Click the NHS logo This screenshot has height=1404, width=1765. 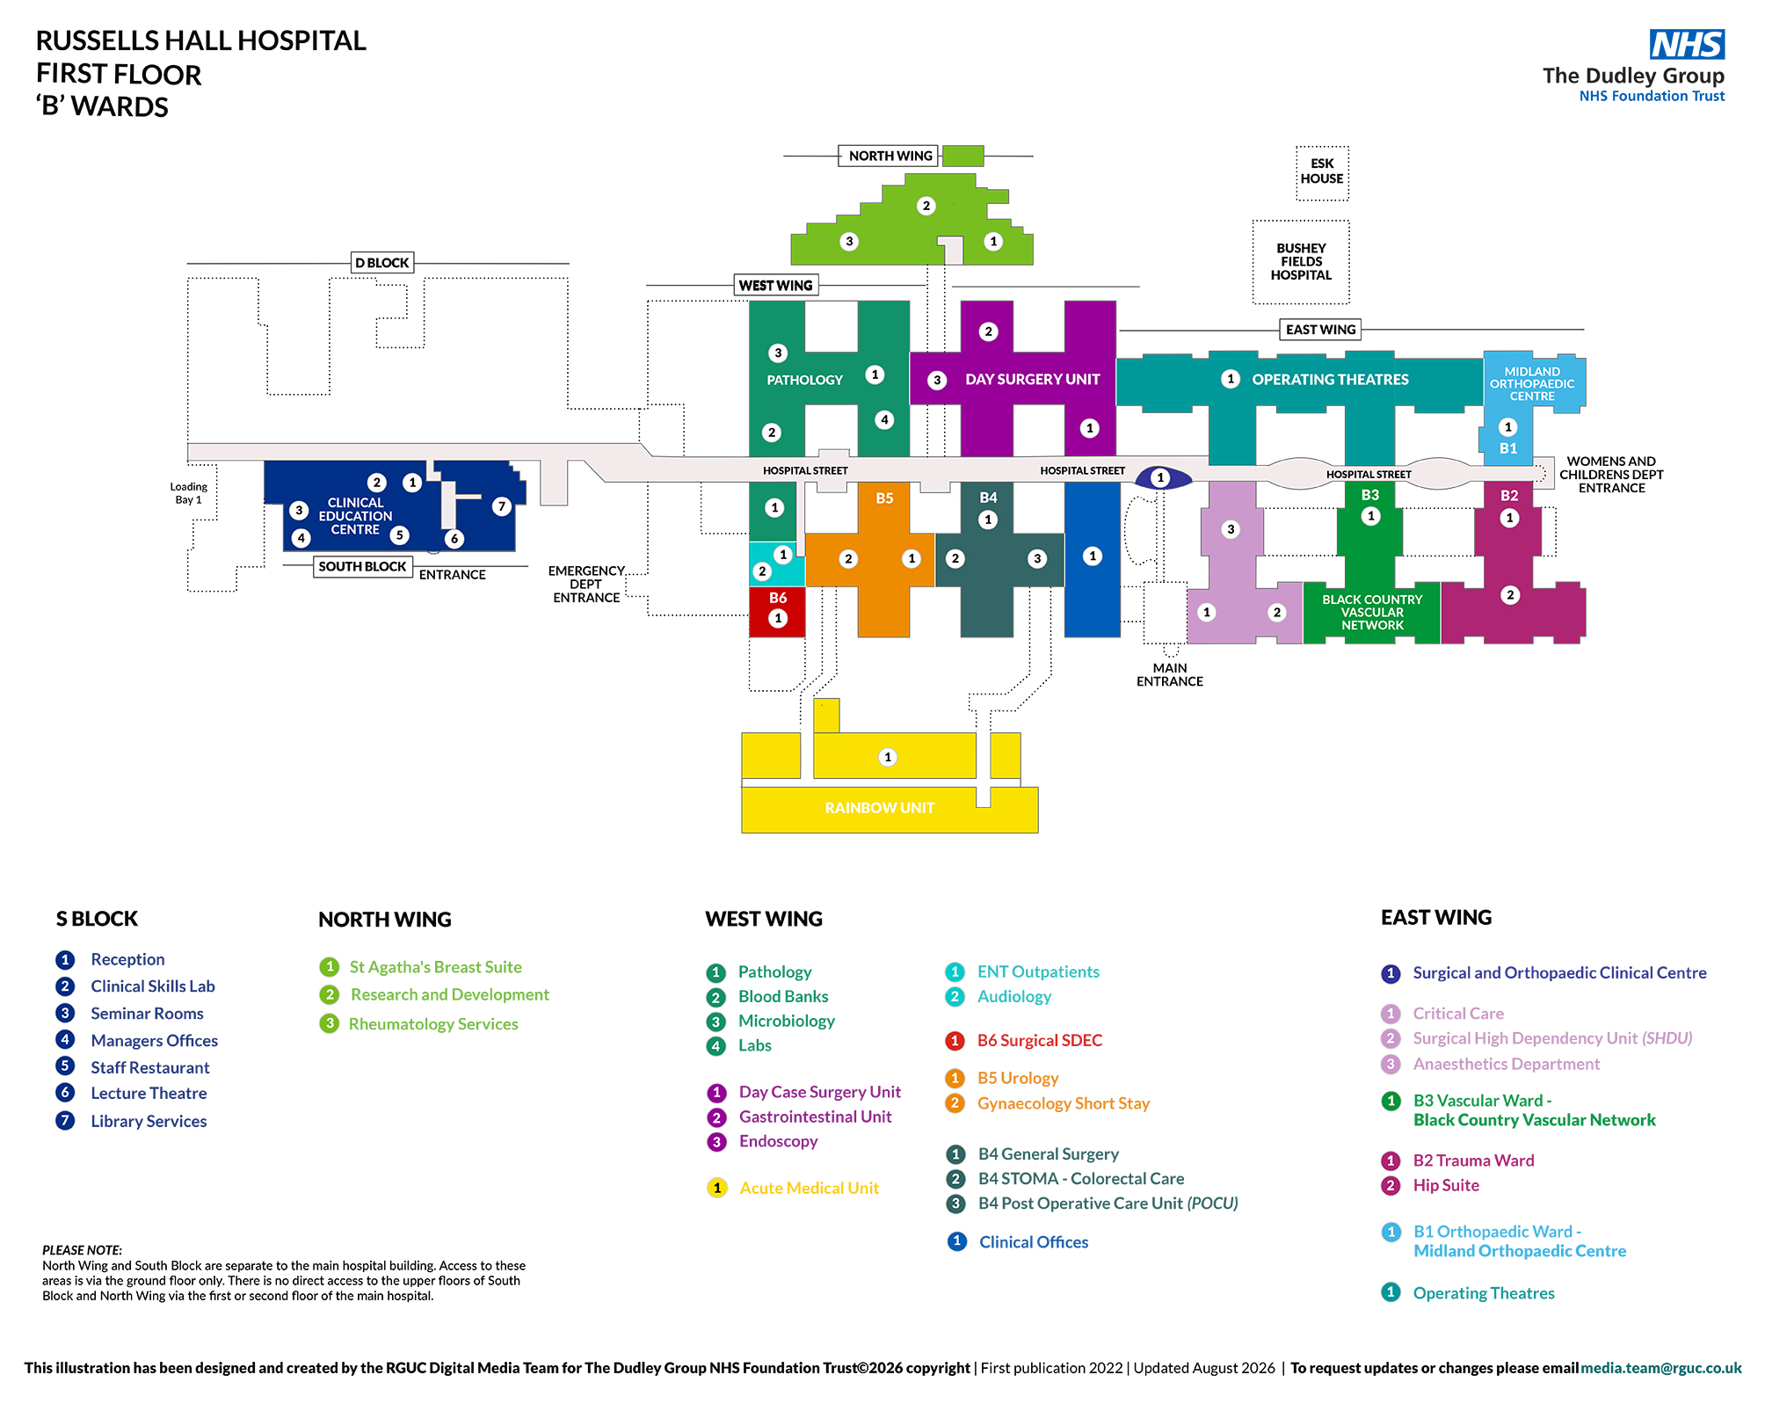tap(1687, 44)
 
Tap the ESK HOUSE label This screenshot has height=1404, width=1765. tap(1322, 171)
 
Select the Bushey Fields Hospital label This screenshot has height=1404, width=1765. tap(1301, 262)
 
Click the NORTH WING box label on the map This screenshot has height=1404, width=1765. tap(890, 156)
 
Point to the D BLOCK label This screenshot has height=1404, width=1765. tap(382, 263)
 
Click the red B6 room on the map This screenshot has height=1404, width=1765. tap(777, 611)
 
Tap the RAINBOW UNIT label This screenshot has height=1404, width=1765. tap(880, 808)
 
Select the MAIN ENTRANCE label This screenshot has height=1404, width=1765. tap(1170, 674)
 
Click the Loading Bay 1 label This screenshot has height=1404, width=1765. tap(188, 493)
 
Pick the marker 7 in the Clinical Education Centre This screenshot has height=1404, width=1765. tap(501, 506)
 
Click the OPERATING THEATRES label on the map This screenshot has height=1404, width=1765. tap(1330, 380)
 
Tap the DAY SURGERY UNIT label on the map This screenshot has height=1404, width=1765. tap(1033, 380)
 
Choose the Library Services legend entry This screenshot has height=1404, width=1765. tap(149, 1121)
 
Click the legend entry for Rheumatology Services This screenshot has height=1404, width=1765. tap(433, 1024)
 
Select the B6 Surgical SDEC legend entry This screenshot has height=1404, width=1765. tap(1040, 1041)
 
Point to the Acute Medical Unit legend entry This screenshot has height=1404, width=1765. tap(809, 1189)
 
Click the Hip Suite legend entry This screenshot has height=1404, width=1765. tap(1446, 1185)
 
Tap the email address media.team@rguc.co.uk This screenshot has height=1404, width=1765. tap(1661, 1368)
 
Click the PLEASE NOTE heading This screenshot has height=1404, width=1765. tap(82, 1250)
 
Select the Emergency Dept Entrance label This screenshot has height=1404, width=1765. tap(586, 585)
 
